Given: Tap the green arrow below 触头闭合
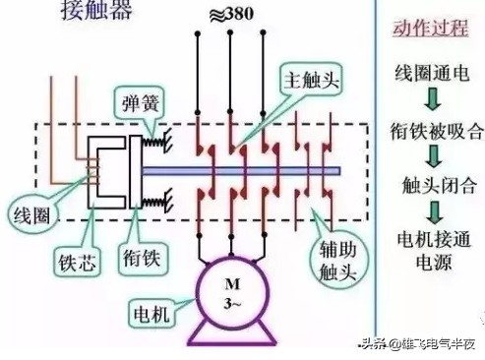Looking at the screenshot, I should (x=429, y=210).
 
